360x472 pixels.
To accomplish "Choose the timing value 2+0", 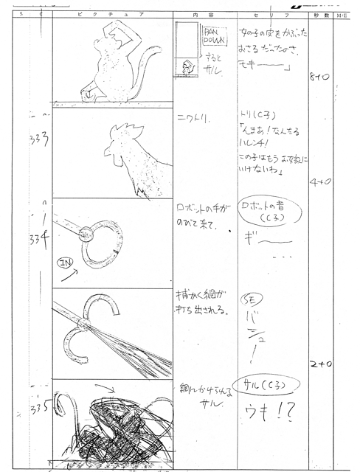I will click(320, 364).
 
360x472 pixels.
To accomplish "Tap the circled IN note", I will click(64, 261).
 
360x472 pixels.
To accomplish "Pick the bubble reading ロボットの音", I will click(266, 212).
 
